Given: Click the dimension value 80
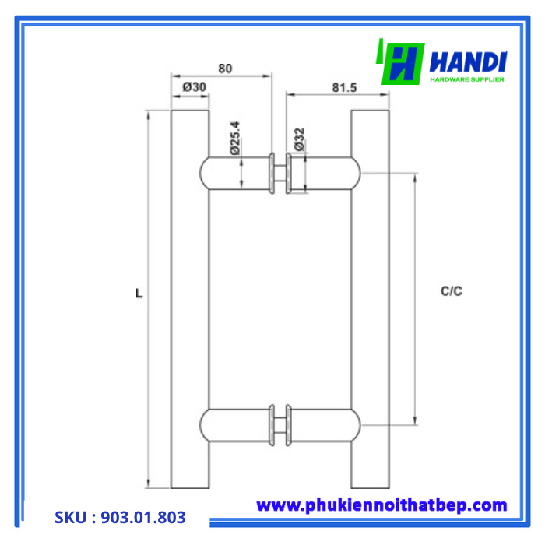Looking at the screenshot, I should click(225, 68).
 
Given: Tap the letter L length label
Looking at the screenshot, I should click(138, 294).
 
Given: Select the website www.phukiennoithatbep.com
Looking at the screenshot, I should click(381, 505).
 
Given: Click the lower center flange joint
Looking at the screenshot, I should click(280, 424).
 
